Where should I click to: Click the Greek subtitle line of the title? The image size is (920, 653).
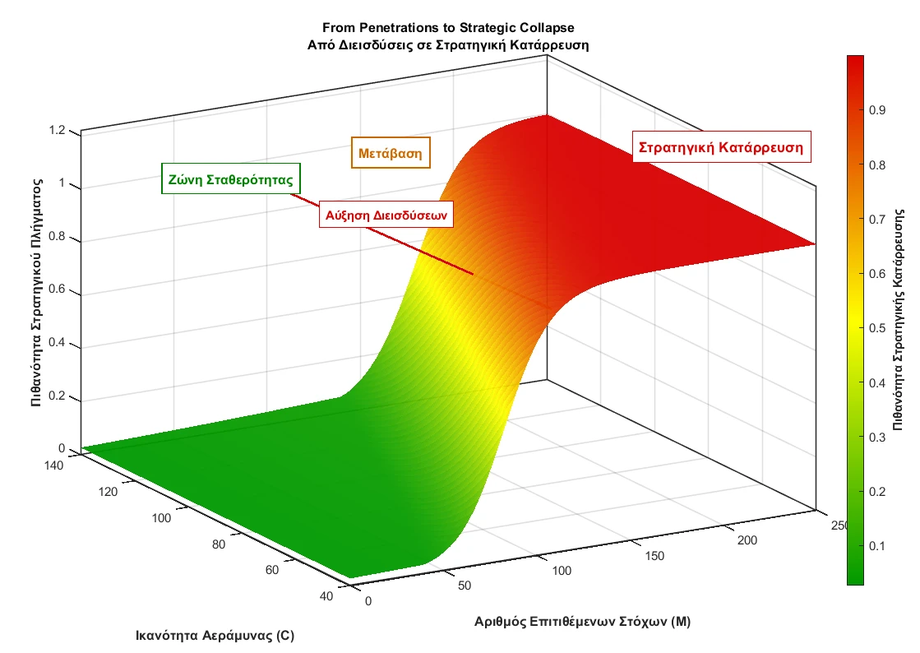[447, 44]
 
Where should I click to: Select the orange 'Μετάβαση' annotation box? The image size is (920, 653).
[391, 153]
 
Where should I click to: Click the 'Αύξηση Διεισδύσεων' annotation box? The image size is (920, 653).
[386, 215]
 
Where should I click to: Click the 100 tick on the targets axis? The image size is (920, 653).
[561, 571]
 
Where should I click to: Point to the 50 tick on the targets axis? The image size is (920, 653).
[465, 586]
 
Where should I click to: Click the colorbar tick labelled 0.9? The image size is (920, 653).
[876, 111]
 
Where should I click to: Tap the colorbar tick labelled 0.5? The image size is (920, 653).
[876, 328]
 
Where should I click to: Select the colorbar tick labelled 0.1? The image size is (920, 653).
[876, 546]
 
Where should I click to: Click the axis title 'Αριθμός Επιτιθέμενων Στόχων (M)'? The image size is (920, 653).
[582, 622]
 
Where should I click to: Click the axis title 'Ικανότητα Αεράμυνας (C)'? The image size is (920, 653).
[215, 636]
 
